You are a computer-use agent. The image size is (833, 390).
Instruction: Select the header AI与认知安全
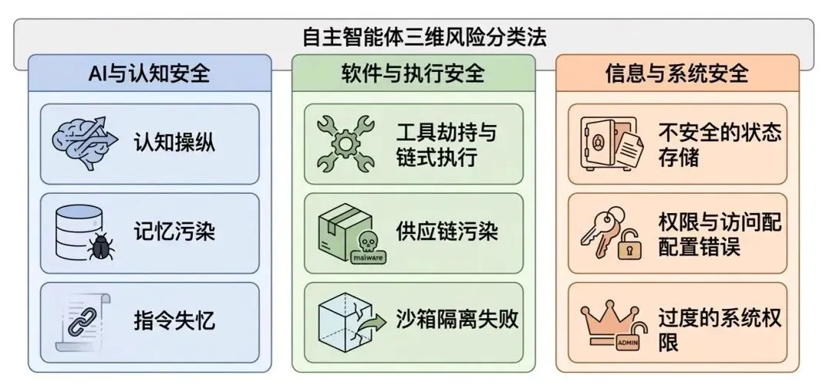tap(149, 74)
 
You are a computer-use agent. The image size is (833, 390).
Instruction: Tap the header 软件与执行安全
tap(413, 74)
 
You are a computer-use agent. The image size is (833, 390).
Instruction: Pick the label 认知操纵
tap(174, 143)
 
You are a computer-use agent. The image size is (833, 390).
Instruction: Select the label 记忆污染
tap(174, 232)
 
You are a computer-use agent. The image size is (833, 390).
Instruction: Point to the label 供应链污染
tap(447, 232)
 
